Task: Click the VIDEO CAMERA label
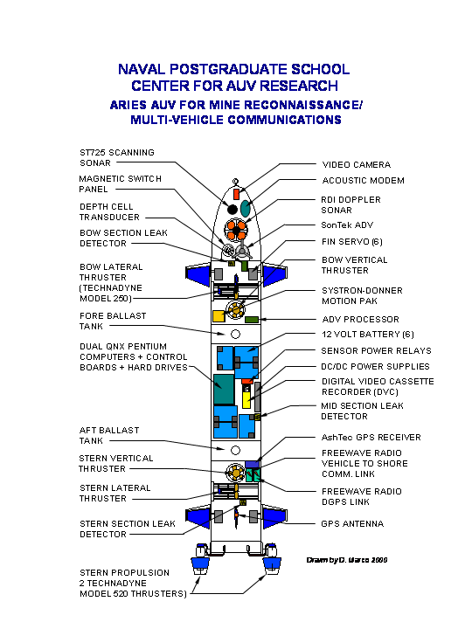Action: coord(357,164)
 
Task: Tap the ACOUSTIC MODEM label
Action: coord(364,181)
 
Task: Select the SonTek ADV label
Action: coord(347,225)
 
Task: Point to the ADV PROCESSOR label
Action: coord(360,320)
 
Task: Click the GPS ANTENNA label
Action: coord(352,523)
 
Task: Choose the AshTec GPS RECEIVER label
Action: coord(371,438)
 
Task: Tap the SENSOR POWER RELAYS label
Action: coord(376,351)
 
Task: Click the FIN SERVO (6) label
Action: coord(352,241)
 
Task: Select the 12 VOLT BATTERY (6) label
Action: coord(368,334)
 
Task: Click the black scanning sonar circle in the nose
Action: coord(233,209)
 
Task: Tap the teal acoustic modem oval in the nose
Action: coord(246,208)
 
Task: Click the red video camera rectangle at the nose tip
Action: coord(236,194)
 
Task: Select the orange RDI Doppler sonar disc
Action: coord(236,231)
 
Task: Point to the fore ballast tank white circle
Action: coord(236,334)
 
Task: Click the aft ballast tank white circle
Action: coord(236,451)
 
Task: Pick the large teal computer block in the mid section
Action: coord(224,390)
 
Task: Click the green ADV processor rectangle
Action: coord(252,320)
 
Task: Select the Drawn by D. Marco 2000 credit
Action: coord(347,560)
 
